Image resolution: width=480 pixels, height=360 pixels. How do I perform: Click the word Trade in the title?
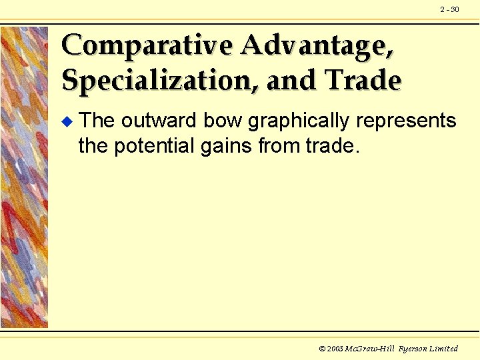coord(363,81)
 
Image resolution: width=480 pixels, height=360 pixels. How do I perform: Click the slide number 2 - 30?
coord(449,9)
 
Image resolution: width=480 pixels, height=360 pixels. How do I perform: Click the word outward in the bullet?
coord(160,121)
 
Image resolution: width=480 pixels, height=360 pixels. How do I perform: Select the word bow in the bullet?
coord(223,121)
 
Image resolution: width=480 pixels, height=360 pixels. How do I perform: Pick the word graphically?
coord(299,122)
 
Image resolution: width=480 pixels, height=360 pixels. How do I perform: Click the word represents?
coord(407,122)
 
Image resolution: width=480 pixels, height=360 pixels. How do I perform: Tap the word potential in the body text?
coord(152,145)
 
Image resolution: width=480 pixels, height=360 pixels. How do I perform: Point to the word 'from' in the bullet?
coord(279,145)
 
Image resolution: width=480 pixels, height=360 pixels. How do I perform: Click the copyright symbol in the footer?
coord(323,349)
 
